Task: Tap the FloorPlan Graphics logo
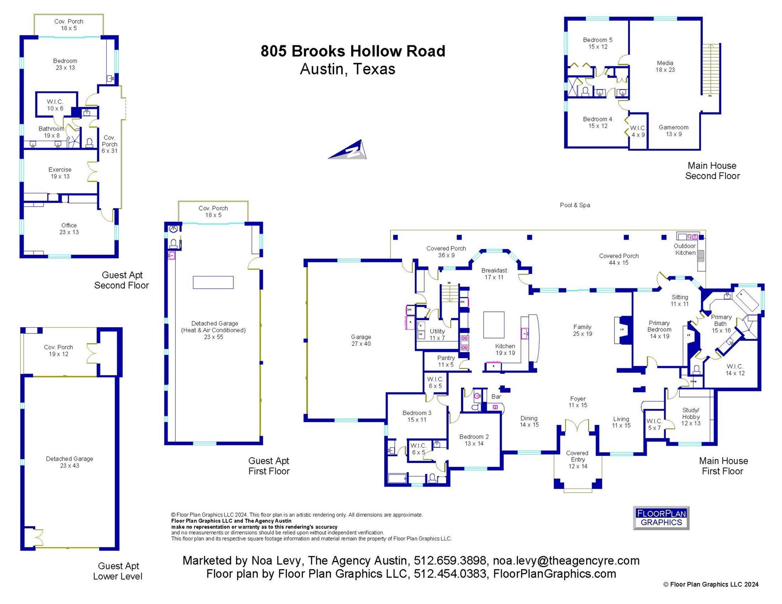coord(661,518)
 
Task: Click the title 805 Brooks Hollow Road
coord(353,51)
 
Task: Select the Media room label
coord(665,66)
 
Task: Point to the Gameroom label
coord(673,131)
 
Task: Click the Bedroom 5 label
coord(598,43)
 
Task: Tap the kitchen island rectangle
coord(494,325)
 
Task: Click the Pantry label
coord(446,361)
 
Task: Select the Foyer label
coord(578,402)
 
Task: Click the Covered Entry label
coord(577,459)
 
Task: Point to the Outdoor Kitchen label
coord(685,249)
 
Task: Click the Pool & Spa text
coord(575,205)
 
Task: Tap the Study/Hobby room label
coord(691,416)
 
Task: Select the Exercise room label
coord(60,173)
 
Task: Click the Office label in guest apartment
coord(69,228)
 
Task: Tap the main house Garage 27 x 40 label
coord(361,340)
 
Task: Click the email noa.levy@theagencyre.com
coord(566,561)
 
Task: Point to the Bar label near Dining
coord(496,397)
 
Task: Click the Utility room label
coord(437,334)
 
